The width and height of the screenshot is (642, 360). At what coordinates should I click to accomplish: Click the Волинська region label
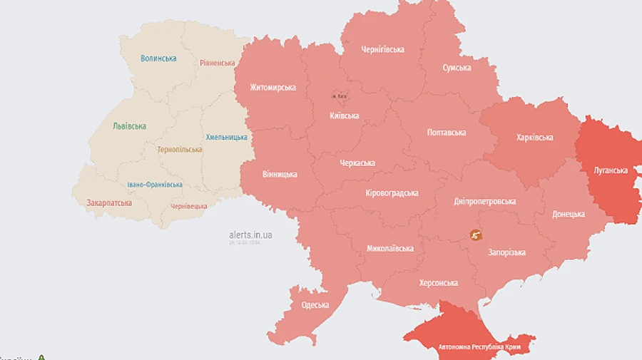(x=158, y=58)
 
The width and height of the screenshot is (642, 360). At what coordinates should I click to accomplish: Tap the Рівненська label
(x=218, y=63)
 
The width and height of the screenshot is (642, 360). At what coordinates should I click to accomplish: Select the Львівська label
(x=129, y=126)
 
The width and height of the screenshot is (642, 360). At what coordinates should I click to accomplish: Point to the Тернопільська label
(x=180, y=150)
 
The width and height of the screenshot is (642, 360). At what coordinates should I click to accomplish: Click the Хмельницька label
(x=226, y=137)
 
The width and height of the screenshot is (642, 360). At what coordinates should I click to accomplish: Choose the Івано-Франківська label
(x=155, y=185)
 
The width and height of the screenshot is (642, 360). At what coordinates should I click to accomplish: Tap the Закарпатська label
(x=109, y=202)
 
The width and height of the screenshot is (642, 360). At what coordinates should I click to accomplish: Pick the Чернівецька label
(x=189, y=206)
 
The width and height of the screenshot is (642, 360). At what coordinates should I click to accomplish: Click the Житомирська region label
(x=272, y=88)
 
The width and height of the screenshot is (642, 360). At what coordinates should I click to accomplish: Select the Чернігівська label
(x=382, y=50)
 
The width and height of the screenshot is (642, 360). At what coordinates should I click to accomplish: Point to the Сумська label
(x=457, y=68)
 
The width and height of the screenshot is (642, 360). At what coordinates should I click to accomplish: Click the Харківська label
(x=534, y=138)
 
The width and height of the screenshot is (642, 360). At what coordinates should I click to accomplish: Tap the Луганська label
(x=611, y=170)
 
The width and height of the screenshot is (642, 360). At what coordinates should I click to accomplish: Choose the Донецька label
(x=569, y=214)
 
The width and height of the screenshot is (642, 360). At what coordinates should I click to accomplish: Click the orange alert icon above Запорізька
(x=476, y=234)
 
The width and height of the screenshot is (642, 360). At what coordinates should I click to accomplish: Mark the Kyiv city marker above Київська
(x=339, y=95)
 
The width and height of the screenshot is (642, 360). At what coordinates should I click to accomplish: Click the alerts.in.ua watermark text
(x=250, y=235)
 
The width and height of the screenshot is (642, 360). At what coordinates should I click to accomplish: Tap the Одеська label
(x=315, y=305)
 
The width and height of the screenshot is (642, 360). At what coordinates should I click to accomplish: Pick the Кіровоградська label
(x=392, y=193)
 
